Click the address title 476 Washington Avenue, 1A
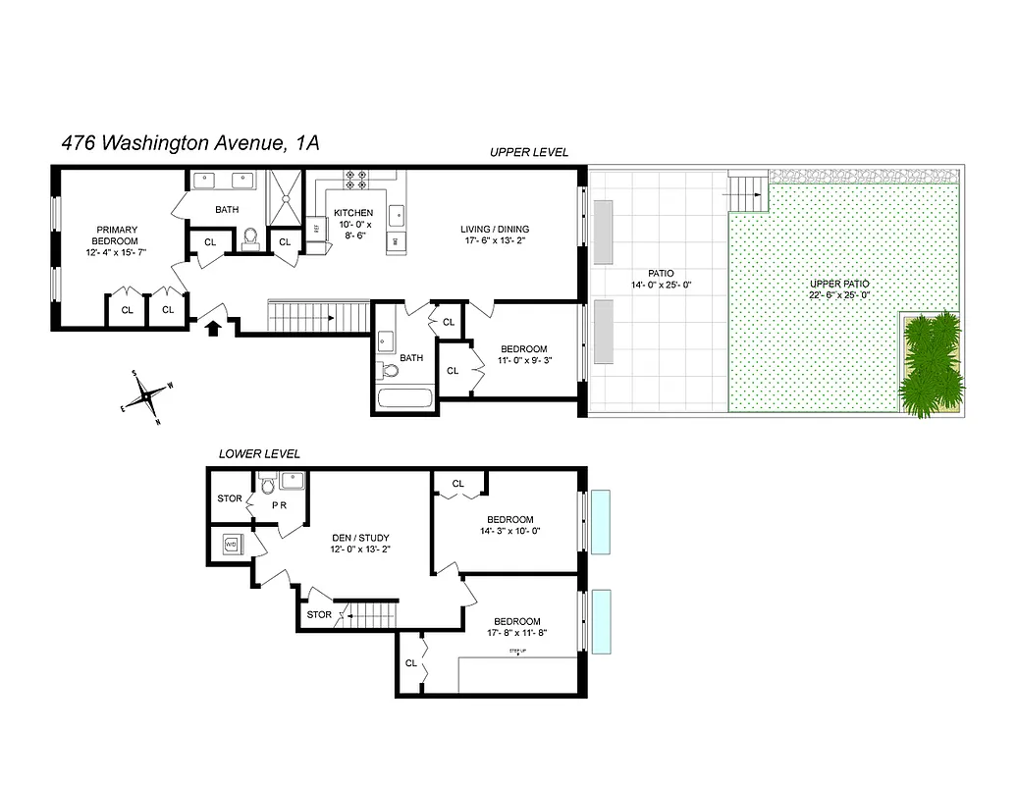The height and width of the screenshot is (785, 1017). [189, 143]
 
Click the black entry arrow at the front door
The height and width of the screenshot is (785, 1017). [212, 326]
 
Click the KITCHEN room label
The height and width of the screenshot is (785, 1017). [353, 213]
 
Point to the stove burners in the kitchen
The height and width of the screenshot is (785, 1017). [355, 180]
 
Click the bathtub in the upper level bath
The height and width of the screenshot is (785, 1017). [404, 400]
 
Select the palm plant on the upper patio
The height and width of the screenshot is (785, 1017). [929, 362]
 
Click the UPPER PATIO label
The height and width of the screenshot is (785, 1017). [838, 284]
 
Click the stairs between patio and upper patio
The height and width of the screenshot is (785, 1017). [748, 189]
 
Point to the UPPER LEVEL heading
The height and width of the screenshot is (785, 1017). [529, 152]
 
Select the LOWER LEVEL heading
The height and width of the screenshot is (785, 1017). [259, 454]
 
